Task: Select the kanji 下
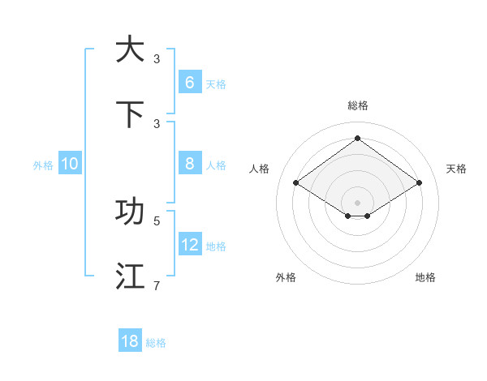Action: (x=130, y=114)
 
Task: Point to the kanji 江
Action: (x=130, y=276)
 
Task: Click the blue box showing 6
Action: (x=189, y=83)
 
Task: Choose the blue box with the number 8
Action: (x=189, y=164)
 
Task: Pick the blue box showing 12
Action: (x=189, y=245)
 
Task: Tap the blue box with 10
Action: (x=70, y=164)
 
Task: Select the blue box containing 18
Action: (x=130, y=341)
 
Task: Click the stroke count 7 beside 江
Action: (x=157, y=285)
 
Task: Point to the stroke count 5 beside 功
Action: (x=157, y=220)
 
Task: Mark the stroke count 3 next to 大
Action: (x=157, y=58)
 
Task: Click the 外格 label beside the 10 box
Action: (x=43, y=165)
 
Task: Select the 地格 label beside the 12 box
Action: (x=216, y=246)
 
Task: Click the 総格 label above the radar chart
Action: (x=357, y=105)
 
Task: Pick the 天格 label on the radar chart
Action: (x=456, y=169)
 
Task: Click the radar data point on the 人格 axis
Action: (x=295, y=183)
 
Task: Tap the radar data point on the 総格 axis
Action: (x=357, y=138)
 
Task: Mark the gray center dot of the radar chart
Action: (x=357, y=202)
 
